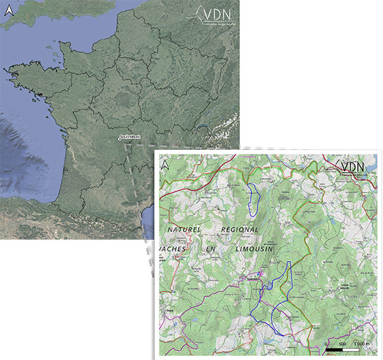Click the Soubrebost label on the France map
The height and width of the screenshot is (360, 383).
point(129,138)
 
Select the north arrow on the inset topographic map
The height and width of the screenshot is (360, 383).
point(165,163)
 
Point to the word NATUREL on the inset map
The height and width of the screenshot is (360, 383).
point(184,230)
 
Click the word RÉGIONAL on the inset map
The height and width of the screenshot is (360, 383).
point(241,230)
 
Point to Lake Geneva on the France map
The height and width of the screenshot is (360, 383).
point(202,125)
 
